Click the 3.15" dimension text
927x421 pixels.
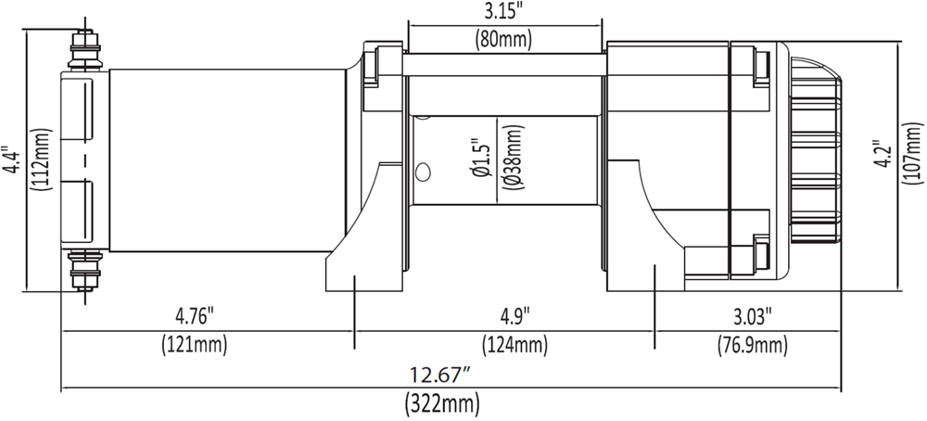coord(504,13)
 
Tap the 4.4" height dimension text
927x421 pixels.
coord(10,159)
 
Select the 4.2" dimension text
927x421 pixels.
coord(882,152)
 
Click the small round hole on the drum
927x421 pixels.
coord(424,172)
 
